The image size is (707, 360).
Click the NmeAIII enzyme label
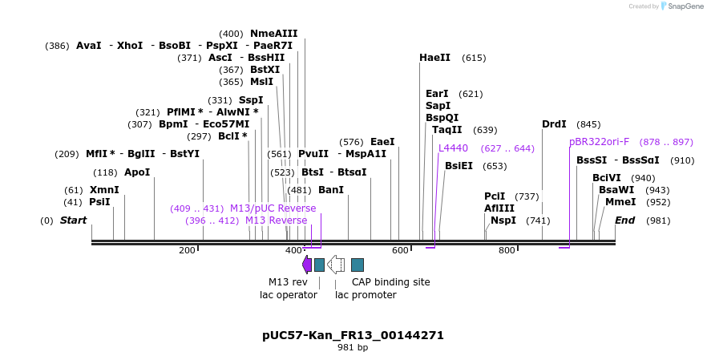(x=273, y=34)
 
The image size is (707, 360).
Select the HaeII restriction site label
(x=434, y=58)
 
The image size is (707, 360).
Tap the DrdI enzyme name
(x=554, y=124)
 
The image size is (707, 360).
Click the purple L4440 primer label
(x=453, y=148)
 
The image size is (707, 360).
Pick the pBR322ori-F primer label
(x=599, y=142)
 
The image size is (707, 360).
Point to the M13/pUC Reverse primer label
(x=273, y=208)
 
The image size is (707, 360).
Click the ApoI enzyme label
(x=137, y=172)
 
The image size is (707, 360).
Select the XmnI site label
(x=104, y=190)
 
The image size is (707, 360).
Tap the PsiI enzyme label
(x=99, y=202)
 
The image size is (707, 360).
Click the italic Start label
(x=73, y=220)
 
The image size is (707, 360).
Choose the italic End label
(x=624, y=220)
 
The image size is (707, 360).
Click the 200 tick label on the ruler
(x=187, y=251)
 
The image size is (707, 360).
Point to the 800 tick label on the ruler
(x=507, y=251)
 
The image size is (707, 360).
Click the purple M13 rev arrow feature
(x=306, y=265)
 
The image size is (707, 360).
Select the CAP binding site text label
(x=390, y=282)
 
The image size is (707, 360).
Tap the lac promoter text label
(x=366, y=295)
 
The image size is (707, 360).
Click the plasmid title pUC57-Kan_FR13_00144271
(x=353, y=335)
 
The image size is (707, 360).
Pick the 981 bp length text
(x=353, y=348)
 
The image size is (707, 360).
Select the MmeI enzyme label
(x=620, y=202)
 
